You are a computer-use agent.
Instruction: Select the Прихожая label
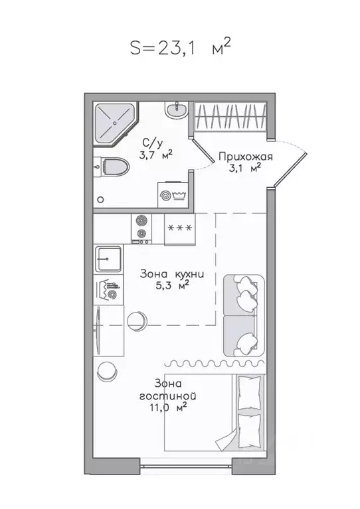coord(246,157)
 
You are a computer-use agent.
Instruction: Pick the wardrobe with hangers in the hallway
coord(230,117)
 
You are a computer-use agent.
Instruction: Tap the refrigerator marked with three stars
coord(181,228)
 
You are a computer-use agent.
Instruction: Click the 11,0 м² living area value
coord(169,408)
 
